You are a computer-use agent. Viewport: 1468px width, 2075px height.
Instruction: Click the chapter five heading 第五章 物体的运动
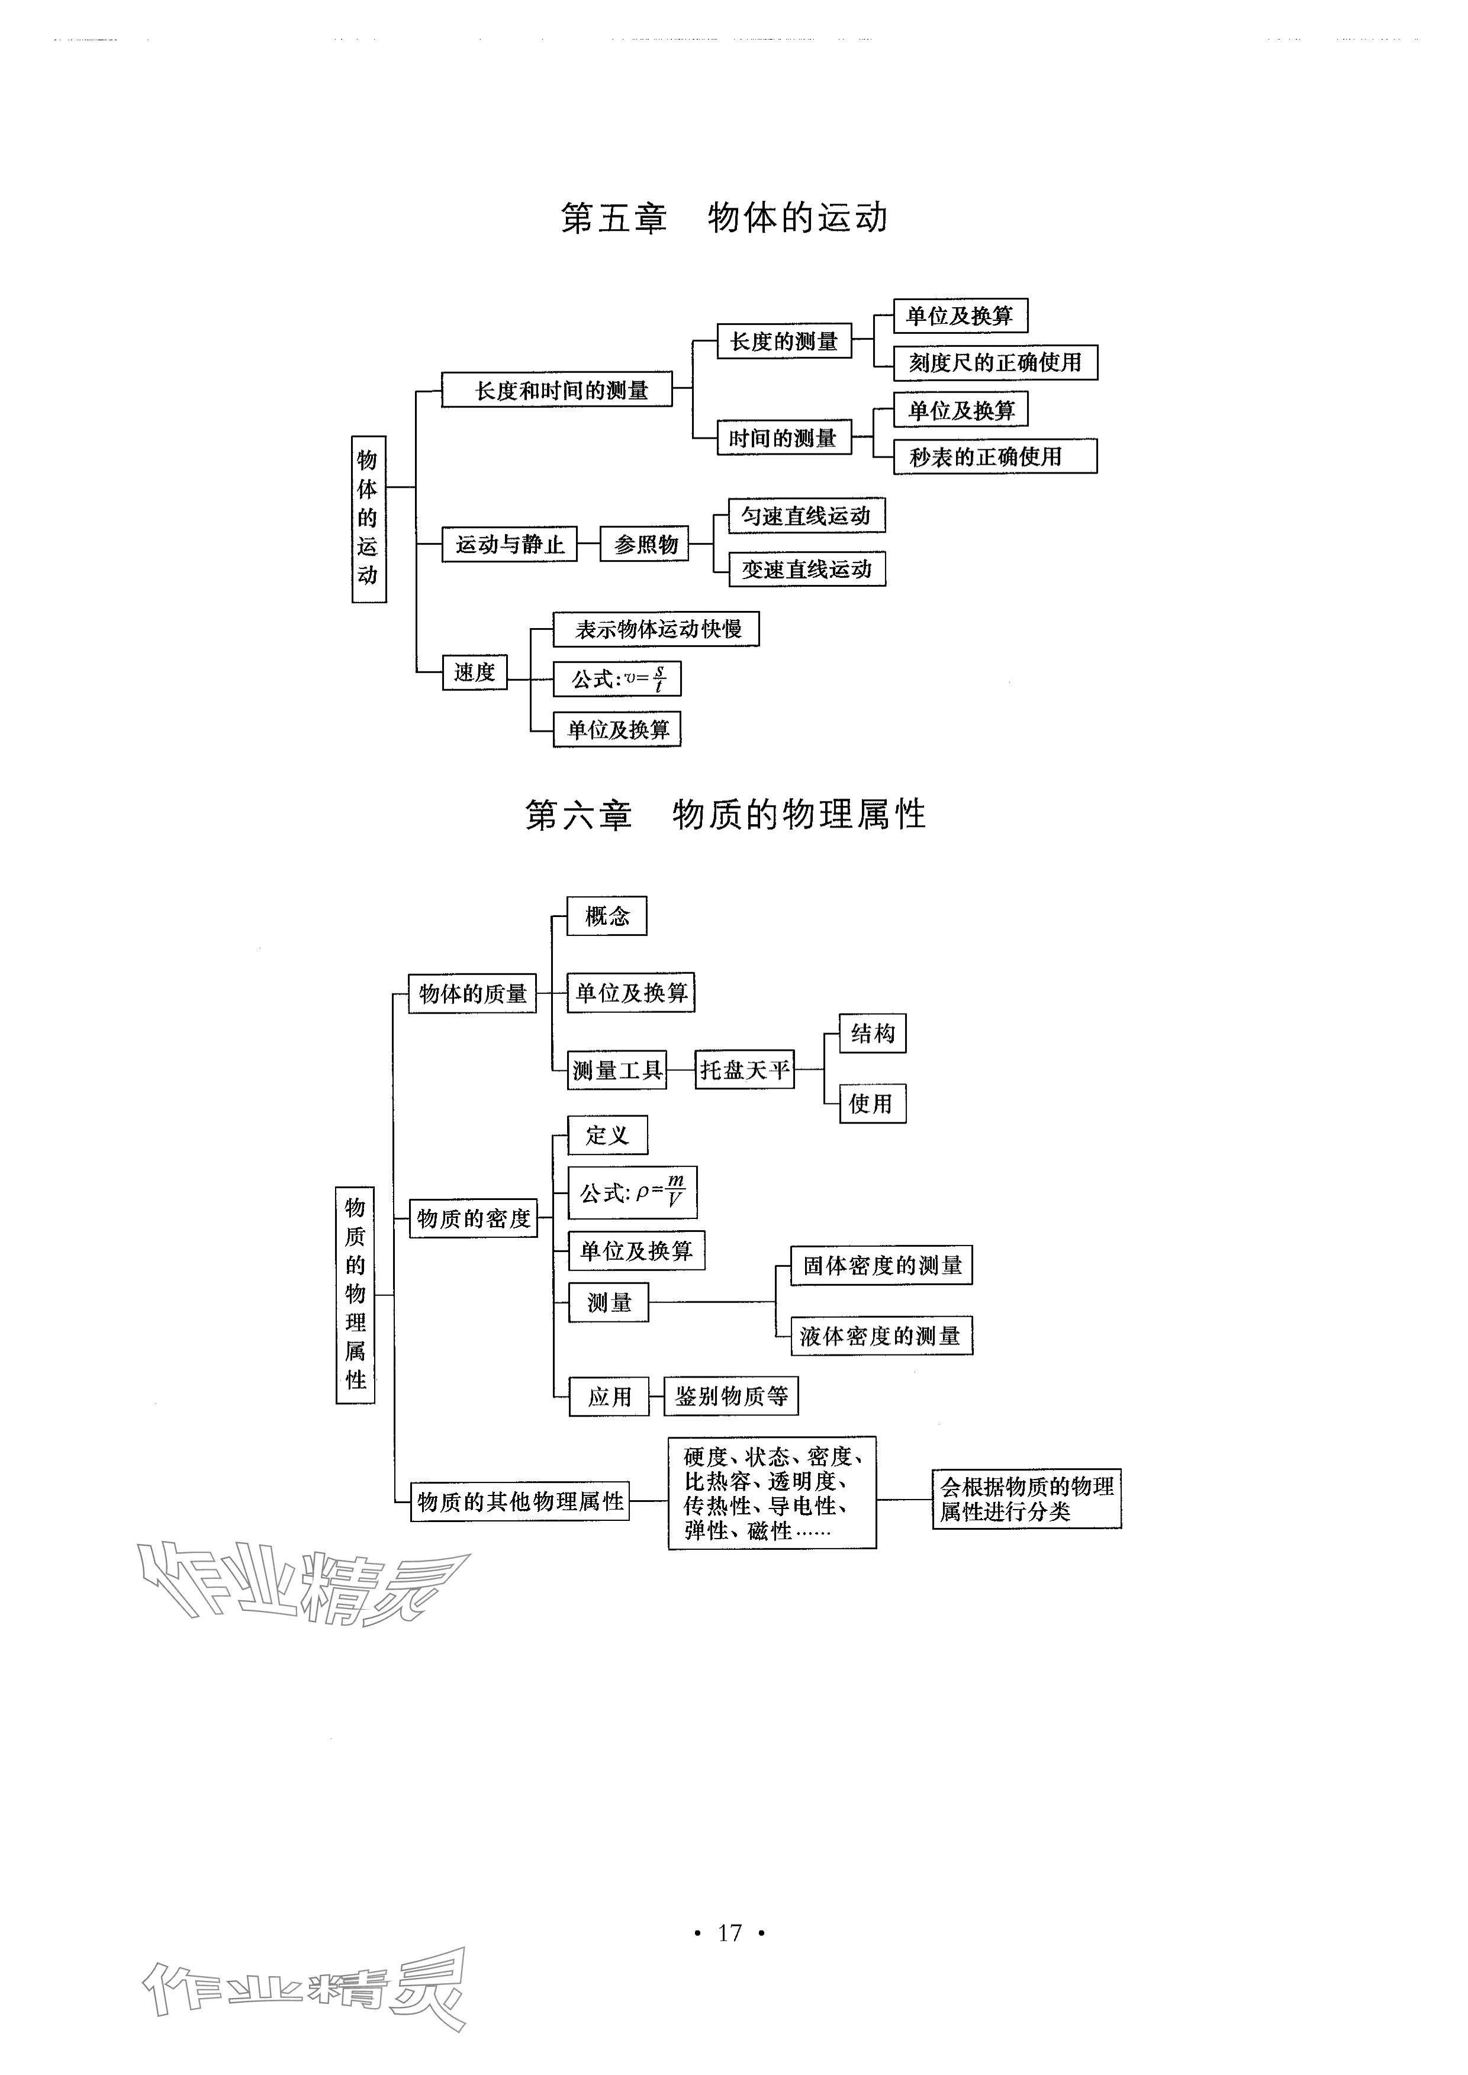[724, 218]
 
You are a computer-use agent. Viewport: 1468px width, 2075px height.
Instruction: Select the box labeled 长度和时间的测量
[557, 390]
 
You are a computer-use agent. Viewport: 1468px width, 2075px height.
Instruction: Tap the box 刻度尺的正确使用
[994, 362]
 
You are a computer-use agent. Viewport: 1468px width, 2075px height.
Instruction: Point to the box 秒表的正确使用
[994, 456]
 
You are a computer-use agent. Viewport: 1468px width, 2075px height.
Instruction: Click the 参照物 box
[645, 544]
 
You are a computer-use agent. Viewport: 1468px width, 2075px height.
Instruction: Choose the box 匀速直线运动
[806, 516]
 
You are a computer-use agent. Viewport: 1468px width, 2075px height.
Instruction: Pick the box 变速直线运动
[806, 569]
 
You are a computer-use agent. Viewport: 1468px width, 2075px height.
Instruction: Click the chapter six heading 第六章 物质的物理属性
[725, 815]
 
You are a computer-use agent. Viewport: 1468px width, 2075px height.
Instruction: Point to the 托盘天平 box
[744, 1070]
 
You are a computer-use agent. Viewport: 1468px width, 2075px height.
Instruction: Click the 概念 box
[607, 916]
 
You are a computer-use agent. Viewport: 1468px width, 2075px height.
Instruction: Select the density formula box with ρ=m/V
[632, 1192]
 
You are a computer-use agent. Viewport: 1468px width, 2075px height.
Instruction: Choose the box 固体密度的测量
[881, 1265]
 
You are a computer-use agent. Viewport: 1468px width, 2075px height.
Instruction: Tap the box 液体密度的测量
[881, 1336]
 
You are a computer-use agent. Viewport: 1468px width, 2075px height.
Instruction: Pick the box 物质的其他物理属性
[520, 1502]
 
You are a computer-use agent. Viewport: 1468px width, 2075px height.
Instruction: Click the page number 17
[729, 1932]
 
